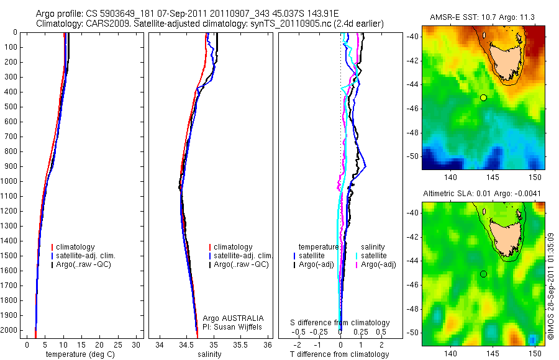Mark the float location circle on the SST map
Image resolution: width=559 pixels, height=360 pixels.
[x=484, y=97]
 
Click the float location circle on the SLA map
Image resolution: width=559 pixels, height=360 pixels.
[x=484, y=274]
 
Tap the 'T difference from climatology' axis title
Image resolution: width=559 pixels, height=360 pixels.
[x=340, y=354]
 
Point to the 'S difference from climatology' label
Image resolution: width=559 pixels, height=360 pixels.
[x=340, y=323]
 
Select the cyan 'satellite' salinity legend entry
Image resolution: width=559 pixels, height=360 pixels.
[x=373, y=256]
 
